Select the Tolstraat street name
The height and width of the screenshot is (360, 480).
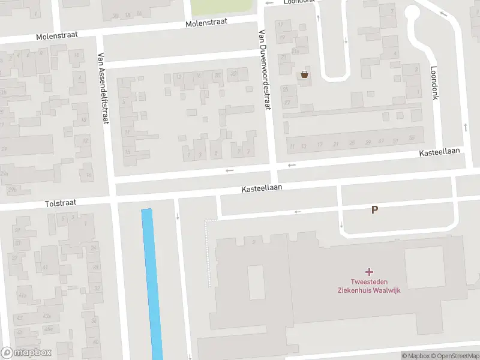(61, 203)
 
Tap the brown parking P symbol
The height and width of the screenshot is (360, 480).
(375, 210)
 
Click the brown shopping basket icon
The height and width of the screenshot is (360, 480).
(305, 74)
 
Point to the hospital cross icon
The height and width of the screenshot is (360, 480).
(368, 272)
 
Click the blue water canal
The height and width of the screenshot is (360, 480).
(152, 282)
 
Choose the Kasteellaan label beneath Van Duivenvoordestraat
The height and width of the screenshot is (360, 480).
(262, 188)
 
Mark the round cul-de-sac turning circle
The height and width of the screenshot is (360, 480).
(413, 14)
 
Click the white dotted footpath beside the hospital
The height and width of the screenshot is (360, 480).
(209, 252)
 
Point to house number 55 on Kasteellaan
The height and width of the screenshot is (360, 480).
(411, 138)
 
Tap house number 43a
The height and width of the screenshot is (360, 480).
(47, 316)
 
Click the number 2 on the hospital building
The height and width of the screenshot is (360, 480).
(254, 242)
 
